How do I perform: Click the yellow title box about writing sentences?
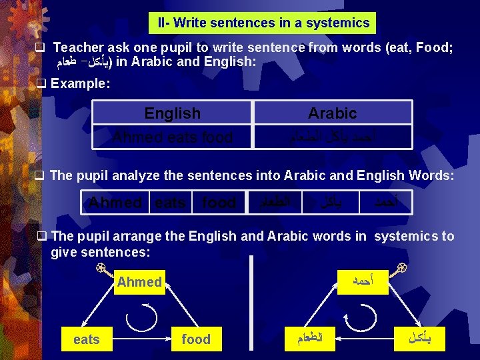(x=263, y=23)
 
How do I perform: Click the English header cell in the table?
(x=172, y=113)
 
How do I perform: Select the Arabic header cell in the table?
(x=332, y=113)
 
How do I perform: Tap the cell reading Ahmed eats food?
(x=172, y=137)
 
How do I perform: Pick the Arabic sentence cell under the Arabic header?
(x=332, y=137)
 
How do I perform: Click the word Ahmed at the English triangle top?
(x=139, y=282)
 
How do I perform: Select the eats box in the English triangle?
(x=86, y=339)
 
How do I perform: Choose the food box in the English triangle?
(x=196, y=339)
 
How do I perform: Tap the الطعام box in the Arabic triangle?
(x=309, y=339)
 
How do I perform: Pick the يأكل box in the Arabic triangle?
(x=419, y=339)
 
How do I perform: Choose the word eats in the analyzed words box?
(x=170, y=203)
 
